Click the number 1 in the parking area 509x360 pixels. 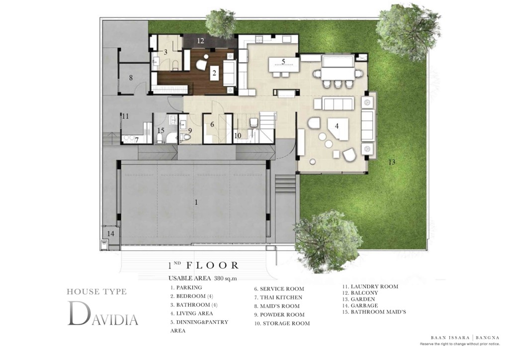coord(196,202)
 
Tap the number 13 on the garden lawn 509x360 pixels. coord(392,162)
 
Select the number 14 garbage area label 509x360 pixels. coord(110,233)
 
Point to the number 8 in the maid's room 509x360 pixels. coord(131,78)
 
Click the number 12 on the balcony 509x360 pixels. coord(200,41)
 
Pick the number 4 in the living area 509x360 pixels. coord(337,126)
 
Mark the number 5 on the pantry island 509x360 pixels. coord(283,62)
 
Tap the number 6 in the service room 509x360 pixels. coord(212,124)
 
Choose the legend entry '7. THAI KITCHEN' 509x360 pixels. coord(278,297)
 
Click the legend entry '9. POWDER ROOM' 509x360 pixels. coord(279,315)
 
